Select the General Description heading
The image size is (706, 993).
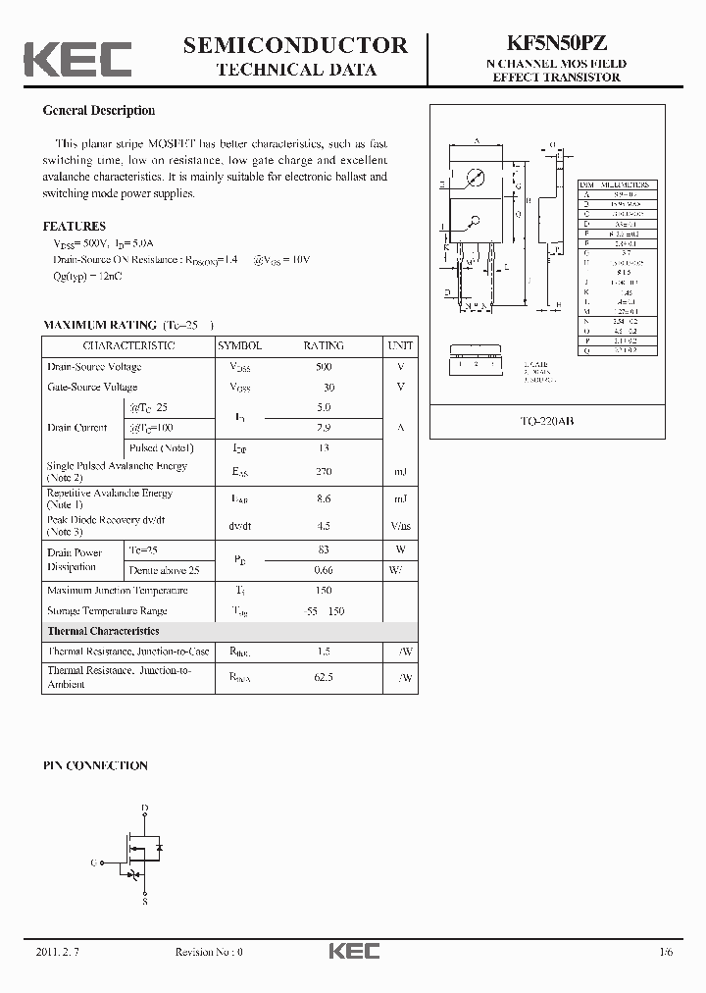[98, 111]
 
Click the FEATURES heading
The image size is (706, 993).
[75, 227]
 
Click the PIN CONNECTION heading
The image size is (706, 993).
[95, 765]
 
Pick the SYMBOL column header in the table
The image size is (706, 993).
[239, 345]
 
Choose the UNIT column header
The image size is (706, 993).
[400, 345]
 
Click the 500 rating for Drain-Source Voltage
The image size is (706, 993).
[324, 366]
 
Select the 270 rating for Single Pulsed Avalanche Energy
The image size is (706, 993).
[324, 472]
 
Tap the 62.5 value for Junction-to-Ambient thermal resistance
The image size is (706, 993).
[324, 677]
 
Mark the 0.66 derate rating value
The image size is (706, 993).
[324, 570]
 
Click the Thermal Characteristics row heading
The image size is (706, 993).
[103, 631]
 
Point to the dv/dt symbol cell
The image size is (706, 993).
[239, 525]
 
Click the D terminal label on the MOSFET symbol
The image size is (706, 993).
[145, 809]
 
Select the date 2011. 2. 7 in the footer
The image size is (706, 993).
[57, 952]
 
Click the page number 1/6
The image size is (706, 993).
[667, 952]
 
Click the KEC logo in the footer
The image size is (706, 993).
[353, 952]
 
